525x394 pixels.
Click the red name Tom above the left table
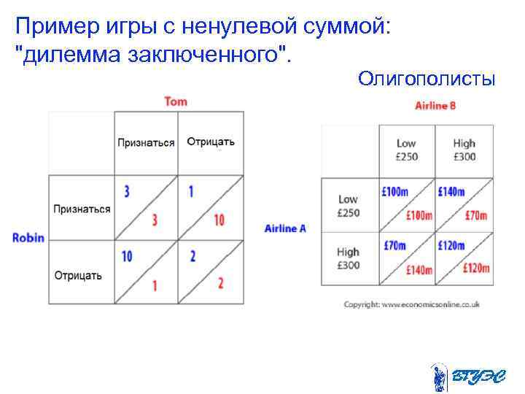tap(176, 101)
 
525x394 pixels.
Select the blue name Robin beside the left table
tap(28, 237)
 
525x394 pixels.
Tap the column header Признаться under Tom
tap(146, 142)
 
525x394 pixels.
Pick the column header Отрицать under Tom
tap(211, 142)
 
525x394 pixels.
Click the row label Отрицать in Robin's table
tap(78, 276)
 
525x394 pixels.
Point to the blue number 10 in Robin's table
tap(127, 256)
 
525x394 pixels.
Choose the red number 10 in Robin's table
tap(219, 220)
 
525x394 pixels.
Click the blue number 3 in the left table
tap(127, 192)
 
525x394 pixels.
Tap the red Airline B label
tap(435, 106)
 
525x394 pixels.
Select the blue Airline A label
tap(285, 228)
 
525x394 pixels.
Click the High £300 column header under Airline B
tap(464, 150)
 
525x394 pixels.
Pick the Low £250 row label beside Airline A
tap(348, 206)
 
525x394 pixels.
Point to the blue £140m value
tap(451, 192)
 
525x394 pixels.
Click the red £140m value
tap(419, 270)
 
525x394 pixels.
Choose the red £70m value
tap(475, 215)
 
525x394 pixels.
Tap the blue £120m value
tap(451, 246)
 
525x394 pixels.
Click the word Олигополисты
tap(427, 78)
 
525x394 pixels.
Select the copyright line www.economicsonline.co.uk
tap(411, 304)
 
